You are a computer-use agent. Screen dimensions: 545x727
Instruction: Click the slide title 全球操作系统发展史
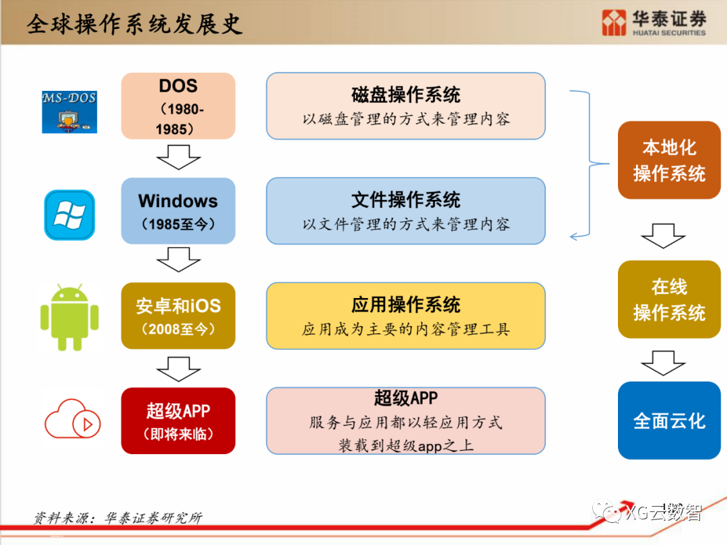[135, 24]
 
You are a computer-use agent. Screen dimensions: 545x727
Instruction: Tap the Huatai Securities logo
[654, 23]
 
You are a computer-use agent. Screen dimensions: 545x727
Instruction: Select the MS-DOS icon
[69, 111]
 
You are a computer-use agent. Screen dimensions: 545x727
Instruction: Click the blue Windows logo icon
[69, 215]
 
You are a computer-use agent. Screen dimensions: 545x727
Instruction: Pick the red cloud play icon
[73, 420]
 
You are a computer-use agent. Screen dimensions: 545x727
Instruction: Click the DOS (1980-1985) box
[178, 106]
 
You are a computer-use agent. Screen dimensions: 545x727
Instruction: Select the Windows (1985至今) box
[178, 211]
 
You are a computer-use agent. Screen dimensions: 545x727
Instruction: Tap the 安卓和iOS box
[178, 316]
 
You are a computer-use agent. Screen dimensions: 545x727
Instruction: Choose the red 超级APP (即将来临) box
[178, 421]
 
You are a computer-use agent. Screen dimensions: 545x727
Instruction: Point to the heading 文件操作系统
[406, 200]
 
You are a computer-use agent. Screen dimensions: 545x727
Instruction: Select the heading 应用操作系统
[406, 305]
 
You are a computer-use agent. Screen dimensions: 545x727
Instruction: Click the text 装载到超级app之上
[406, 445]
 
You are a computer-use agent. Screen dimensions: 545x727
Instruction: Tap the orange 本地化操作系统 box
[669, 160]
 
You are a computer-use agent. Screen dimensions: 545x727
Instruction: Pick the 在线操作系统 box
[669, 299]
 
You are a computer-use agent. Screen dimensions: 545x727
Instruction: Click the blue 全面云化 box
[669, 421]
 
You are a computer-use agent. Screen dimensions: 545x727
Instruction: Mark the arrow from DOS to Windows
[178, 160]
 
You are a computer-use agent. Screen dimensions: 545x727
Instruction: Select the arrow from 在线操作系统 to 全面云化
[663, 363]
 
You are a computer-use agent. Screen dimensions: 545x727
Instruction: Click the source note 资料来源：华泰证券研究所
[118, 518]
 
